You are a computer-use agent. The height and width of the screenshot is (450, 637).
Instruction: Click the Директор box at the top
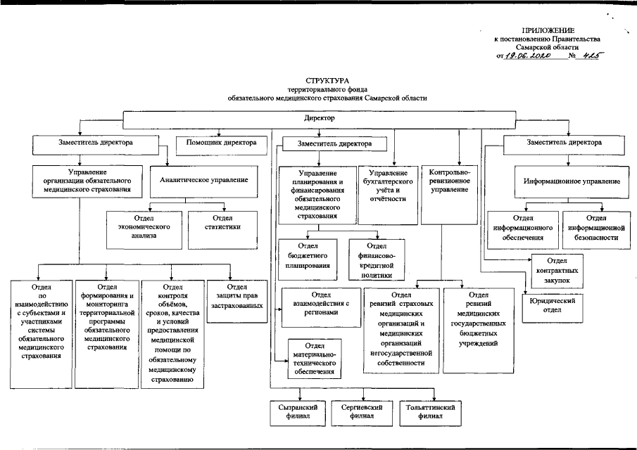(x=319, y=119)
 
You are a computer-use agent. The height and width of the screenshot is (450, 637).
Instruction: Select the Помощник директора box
(x=220, y=143)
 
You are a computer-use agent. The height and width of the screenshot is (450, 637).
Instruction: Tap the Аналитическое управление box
(x=203, y=181)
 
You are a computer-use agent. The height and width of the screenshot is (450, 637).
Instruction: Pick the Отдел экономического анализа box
(x=146, y=227)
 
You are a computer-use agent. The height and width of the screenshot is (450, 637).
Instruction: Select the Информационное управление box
(x=571, y=181)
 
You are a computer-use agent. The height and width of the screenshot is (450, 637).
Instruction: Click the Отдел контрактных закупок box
(x=557, y=270)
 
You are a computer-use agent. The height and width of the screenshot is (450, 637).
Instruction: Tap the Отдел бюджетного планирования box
(x=310, y=256)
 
